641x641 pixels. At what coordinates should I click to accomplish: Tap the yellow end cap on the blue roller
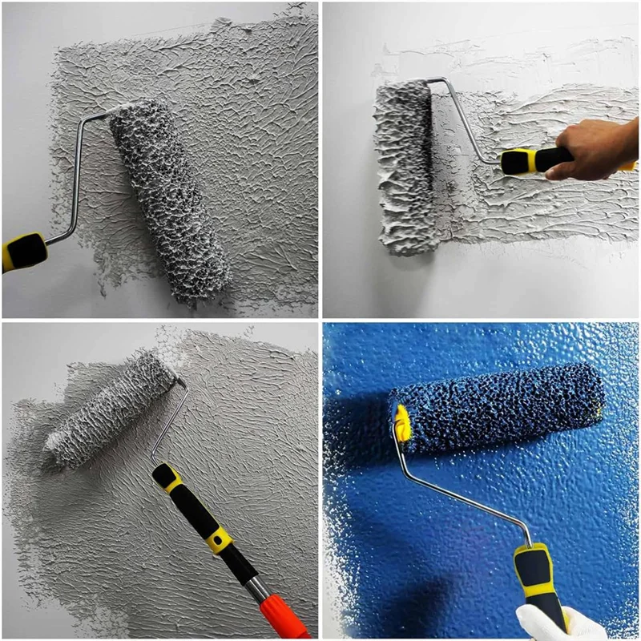tap(401, 423)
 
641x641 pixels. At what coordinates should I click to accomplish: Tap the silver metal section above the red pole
tap(258, 590)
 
